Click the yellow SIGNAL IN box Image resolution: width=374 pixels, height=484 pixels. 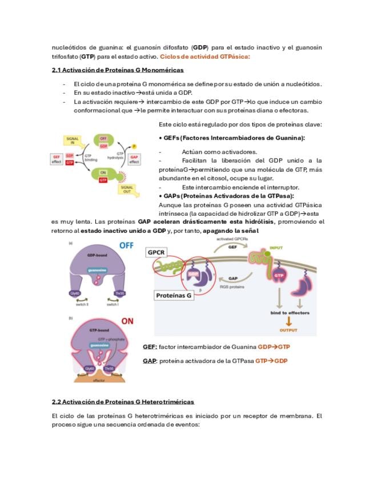pyautogui.click(x=73, y=140)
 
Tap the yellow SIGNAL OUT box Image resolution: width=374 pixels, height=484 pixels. pyautogui.click(x=127, y=189)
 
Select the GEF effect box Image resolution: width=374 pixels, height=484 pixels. pyautogui.click(x=57, y=159)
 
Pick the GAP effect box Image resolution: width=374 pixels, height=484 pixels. pyautogui.click(x=134, y=159)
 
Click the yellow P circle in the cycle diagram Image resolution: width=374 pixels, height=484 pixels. pyautogui.click(x=134, y=146)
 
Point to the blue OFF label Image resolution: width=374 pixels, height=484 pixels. pyautogui.click(x=127, y=245)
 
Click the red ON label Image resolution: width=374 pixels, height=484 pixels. pyautogui.click(x=127, y=321)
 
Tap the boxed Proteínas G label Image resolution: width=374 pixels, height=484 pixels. pyautogui.click(x=174, y=295)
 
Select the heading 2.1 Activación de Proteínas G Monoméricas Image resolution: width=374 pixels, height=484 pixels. pyautogui.click(x=118, y=70)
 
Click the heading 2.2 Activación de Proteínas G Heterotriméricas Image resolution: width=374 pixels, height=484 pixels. pyautogui.click(x=123, y=402)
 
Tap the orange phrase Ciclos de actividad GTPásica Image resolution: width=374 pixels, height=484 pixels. pyautogui.click(x=205, y=57)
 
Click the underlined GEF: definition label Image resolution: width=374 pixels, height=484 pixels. pyautogui.click(x=150, y=346)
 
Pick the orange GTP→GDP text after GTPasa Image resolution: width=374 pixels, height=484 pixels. pyautogui.click(x=271, y=361)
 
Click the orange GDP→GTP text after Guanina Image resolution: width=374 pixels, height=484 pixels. pyautogui.click(x=274, y=346)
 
